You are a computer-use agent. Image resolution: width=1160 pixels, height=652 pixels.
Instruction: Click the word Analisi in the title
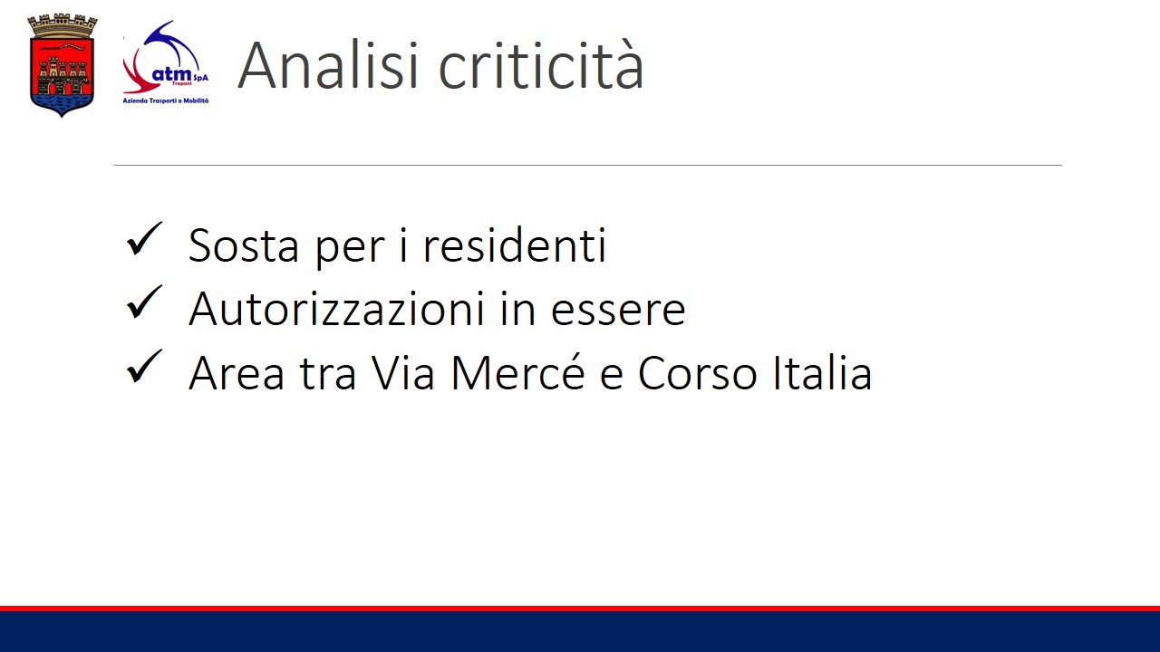[328, 66]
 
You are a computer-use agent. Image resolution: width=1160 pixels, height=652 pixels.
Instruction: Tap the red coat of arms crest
[63, 66]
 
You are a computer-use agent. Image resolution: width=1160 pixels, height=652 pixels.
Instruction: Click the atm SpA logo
[166, 62]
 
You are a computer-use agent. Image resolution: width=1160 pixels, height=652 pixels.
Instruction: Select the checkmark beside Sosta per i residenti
[144, 239]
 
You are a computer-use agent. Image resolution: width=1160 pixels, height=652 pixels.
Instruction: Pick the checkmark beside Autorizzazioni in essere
[144, 302]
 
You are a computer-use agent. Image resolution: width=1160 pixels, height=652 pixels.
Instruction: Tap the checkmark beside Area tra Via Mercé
[144, 367]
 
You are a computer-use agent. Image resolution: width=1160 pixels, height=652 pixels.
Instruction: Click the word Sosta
[244, 245]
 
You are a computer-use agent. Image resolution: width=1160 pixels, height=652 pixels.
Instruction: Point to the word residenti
[515, 244]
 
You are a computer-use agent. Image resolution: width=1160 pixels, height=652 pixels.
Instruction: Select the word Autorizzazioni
[337, 309]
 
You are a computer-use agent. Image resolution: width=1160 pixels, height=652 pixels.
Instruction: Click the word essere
[618, 311]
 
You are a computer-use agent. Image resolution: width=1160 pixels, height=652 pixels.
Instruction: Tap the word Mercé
[518, 372]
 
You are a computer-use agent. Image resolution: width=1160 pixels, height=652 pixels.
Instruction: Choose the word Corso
[698, 372]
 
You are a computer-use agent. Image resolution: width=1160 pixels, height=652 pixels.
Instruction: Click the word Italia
[823, 371]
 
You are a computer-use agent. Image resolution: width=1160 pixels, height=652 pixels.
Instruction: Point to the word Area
[237, 372]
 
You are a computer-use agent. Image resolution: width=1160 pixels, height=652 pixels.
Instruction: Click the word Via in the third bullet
[403, 372]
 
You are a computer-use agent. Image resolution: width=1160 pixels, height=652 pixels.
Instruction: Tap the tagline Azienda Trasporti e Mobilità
[166, 101]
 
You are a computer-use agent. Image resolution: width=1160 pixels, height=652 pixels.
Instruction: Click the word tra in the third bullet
[328, 374]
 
